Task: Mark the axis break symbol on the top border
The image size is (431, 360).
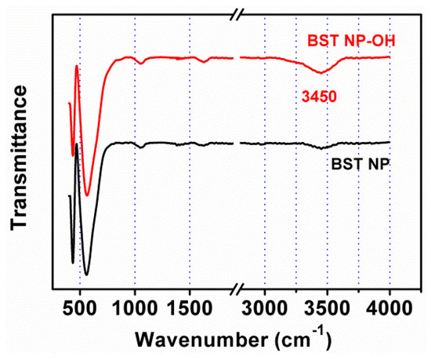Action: coord(236,13)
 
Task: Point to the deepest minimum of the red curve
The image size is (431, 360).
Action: coord(88,195)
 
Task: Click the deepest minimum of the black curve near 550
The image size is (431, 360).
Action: coord(86,275)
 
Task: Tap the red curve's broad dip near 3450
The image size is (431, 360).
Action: coord(321,72)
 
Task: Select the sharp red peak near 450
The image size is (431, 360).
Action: coord(76,66)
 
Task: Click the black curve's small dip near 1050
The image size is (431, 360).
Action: coord(140,147)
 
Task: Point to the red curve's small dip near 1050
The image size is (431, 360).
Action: coord(139,63)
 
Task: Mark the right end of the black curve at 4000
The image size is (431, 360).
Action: coord(389,142)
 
